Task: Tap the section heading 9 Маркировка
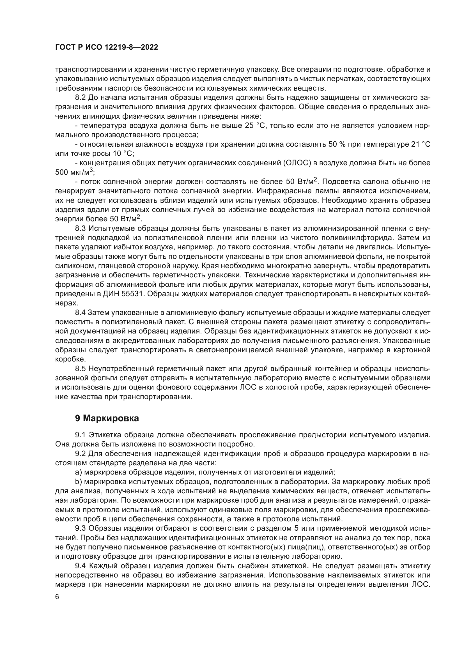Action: (x=107, y=418)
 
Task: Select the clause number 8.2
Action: (x=80, y=97)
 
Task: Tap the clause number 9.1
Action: (x=80, y=435)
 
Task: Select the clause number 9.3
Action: (x=80, y=528)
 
